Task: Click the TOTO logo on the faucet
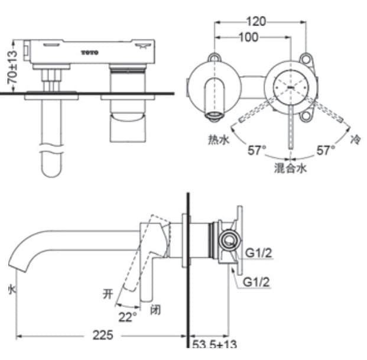point(90,53)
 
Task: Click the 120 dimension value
point(255,22)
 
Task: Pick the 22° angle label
point(127,317)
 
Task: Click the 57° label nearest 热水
point(256,150)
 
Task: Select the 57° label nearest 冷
point(325,150)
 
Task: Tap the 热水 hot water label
point(218,140)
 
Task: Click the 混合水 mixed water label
point(290,168)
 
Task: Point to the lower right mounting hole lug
point(306,116)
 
